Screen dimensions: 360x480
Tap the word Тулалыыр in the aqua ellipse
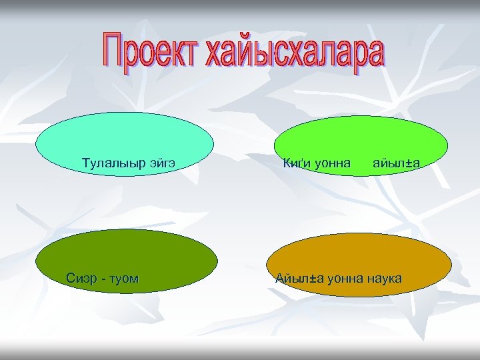pyautogui.click(x=111, y=162)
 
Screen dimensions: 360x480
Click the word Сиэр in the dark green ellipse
pyautogui.click(x=81, y=278)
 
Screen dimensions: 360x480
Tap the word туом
pyautogui.click(x=123, y=278)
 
